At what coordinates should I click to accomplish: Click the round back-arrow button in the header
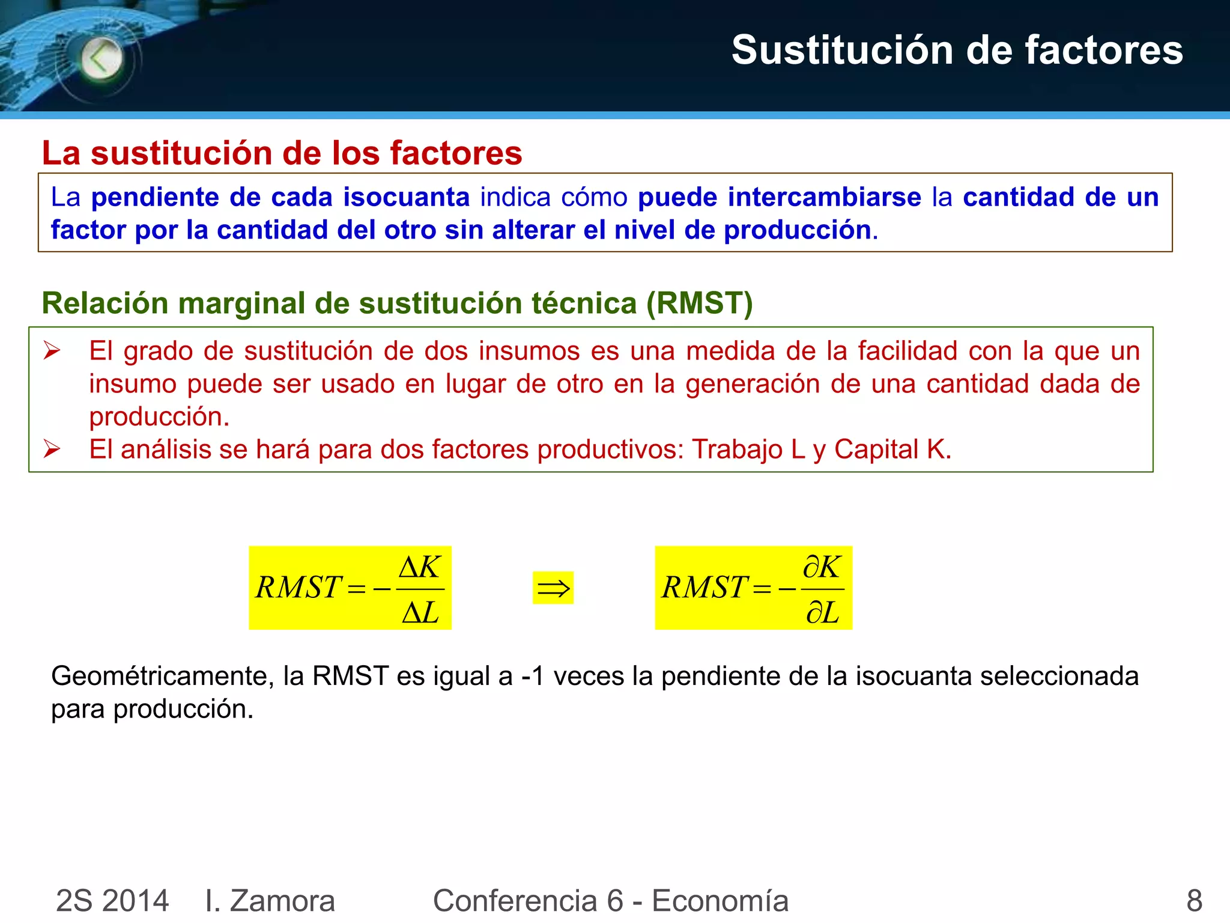coord(101,58)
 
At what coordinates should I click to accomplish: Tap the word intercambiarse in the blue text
coord(780,197)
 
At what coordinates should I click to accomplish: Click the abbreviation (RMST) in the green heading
coord(699,303)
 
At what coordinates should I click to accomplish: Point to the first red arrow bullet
coord(52,350)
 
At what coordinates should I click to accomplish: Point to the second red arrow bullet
coord(52,449)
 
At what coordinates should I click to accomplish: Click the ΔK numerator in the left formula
coord(420,567)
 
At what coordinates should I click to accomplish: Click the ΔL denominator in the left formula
coord(420,613)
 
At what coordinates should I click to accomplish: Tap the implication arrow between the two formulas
coord(553,588)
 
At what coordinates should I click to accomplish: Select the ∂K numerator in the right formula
coord(822,567)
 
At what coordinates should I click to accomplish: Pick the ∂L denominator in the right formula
coord(822,613)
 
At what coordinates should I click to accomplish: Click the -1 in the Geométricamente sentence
coord(533,677)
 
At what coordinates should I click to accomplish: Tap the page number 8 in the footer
coord(1194,901)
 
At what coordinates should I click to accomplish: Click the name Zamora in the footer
coord(282,901)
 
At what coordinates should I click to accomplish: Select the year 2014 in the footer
coord(136,901)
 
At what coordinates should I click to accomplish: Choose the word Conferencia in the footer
coord(515,901)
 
